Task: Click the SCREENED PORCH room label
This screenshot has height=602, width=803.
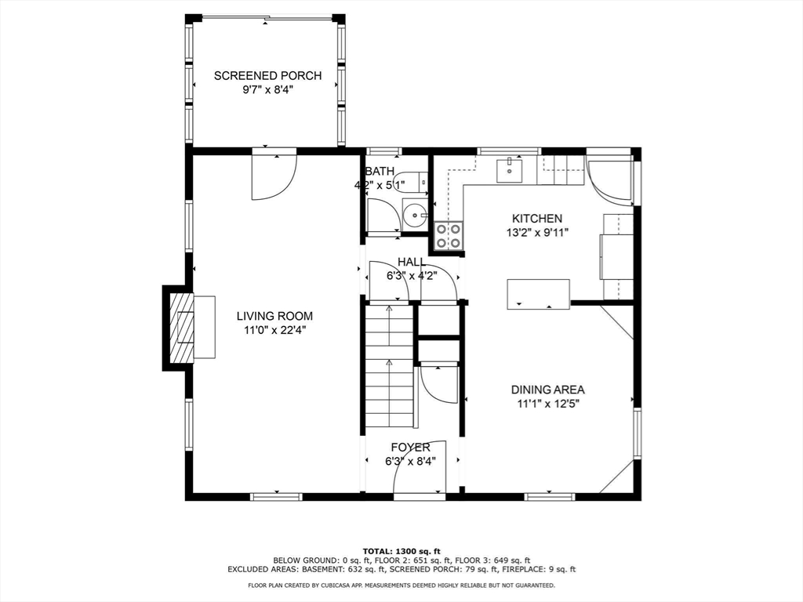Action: (x=267, y=76)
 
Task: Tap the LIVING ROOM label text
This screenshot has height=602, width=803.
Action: (x=274, y=316)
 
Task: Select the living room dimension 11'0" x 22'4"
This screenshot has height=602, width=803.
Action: (x=274, y=330)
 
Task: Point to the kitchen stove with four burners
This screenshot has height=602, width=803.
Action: (x=449, y=235)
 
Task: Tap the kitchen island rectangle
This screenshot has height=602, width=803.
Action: (x=538, y=293)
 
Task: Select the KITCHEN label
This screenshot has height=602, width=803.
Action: (x=536, y=219)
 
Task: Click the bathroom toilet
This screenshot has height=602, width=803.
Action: (x=410, y=181)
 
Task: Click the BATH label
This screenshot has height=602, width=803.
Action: (x=380, y=171)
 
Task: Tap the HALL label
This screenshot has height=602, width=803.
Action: (x=412, y=262)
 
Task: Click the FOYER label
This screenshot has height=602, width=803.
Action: (x=411, y=448)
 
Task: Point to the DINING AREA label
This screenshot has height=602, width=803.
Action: (x=547, y=390)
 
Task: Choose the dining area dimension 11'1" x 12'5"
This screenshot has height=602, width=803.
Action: (x=547, y=404)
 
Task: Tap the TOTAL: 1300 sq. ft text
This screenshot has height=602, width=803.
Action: (x=401, y=550)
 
